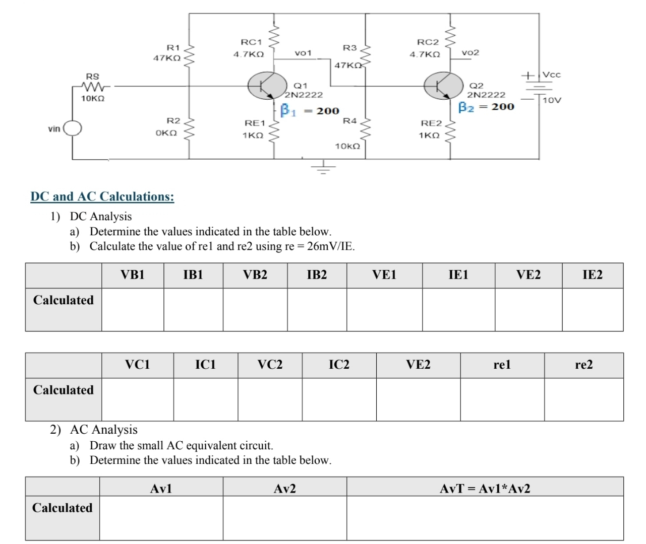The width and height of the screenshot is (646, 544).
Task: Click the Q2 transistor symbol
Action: (x=443, y=86)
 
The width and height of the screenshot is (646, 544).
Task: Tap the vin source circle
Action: (x=72, y=129)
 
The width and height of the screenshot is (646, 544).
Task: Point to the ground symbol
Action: (x=323, y=167)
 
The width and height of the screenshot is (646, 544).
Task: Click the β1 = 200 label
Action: (x=310, y=110)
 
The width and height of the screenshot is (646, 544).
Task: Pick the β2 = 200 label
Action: (x=486, y=107)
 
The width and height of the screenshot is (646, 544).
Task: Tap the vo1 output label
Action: (x=303, y=53)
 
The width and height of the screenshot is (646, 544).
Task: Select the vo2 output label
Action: (x=470, y=52)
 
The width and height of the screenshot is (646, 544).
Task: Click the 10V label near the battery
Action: (x=552, y=100)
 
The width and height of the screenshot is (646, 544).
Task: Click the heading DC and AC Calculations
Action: (x=102, y=196)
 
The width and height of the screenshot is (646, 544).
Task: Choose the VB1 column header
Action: (x=133, y=275)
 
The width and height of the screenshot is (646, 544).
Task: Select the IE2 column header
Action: (x=592, y=275)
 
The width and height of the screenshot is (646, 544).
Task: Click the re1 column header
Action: (x=502, y=365)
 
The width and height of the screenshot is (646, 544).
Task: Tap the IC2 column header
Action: (x=339, y=365)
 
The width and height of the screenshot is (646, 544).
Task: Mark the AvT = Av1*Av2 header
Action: (x=485, y=489)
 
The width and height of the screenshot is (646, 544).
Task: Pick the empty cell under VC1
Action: (x=137, y=399)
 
